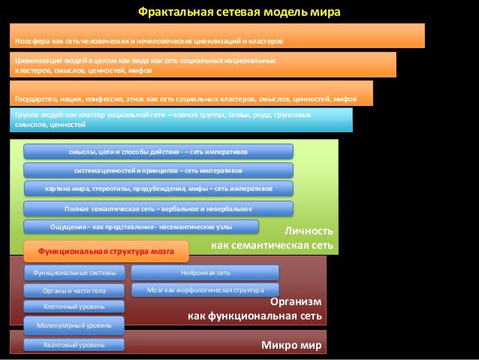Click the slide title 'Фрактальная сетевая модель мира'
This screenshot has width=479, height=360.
coord(239,12)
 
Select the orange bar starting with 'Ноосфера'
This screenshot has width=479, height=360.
coord(217,35)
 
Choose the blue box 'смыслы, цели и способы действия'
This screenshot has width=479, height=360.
coord(158,151)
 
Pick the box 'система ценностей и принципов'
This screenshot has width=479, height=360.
coord(158,170)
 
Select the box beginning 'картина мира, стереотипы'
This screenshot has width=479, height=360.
coord(158,188)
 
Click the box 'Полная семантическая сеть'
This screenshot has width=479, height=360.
coord(158,208)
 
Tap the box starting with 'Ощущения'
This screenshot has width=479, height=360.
coord(141,226)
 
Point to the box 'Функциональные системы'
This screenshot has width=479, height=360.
coord(74,272)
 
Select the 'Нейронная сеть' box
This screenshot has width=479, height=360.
coord(205,272)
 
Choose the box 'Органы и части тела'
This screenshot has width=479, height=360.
coord(74,290)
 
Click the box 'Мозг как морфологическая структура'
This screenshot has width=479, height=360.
coord(205,289)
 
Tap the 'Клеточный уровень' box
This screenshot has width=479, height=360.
coord(74,307)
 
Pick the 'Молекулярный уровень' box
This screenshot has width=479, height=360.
coord(74,325)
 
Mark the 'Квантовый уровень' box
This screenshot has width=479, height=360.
coord(74,345)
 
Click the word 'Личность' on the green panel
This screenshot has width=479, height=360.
coord(309,231)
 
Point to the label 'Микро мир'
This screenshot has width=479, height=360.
coord(291,346)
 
